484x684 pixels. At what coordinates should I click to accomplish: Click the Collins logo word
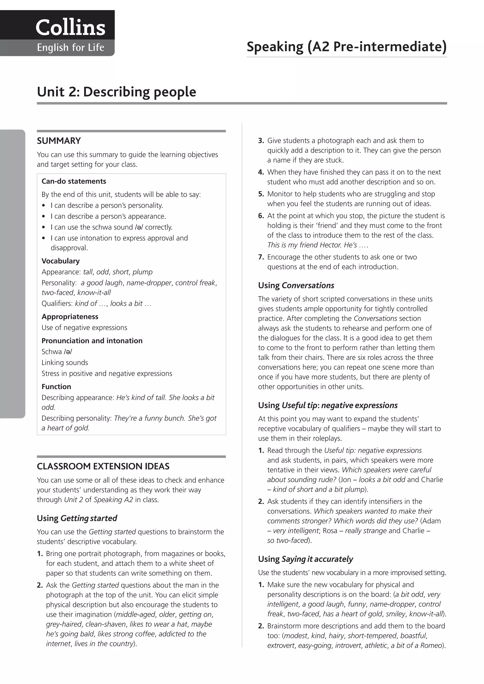coord(70,27)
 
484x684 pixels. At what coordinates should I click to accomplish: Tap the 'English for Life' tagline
coord(70,48)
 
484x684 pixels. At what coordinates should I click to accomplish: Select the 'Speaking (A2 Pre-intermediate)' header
coord(346,47)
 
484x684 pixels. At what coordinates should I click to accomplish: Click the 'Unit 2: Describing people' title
coord(116,92)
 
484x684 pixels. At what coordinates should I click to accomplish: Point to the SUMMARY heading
coord(59,141)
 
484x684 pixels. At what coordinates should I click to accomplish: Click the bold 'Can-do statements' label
coord(74,181)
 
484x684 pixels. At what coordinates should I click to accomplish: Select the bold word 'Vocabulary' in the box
coord(60,261)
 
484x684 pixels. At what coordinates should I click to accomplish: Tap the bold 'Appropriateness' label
coord(70,317)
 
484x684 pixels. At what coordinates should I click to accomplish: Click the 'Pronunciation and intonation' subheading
coord(92,341)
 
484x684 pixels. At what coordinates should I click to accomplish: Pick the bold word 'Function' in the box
coord(56,387)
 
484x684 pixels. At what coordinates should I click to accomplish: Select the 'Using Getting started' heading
coord(77,518)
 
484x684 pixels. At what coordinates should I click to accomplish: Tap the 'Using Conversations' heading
coord(296,285)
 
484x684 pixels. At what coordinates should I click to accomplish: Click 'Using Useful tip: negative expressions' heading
coord(328,405)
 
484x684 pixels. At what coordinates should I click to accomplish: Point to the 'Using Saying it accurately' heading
coord(305,559)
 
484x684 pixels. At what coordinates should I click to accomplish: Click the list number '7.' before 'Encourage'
coord(261,257)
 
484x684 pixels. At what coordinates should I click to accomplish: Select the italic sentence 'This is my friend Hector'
coord(317,245)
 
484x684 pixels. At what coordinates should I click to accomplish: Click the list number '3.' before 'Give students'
coord(261,141)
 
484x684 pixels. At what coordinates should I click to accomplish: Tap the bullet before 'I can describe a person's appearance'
coord(44,217)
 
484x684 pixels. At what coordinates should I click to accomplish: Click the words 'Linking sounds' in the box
coord(65,363)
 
